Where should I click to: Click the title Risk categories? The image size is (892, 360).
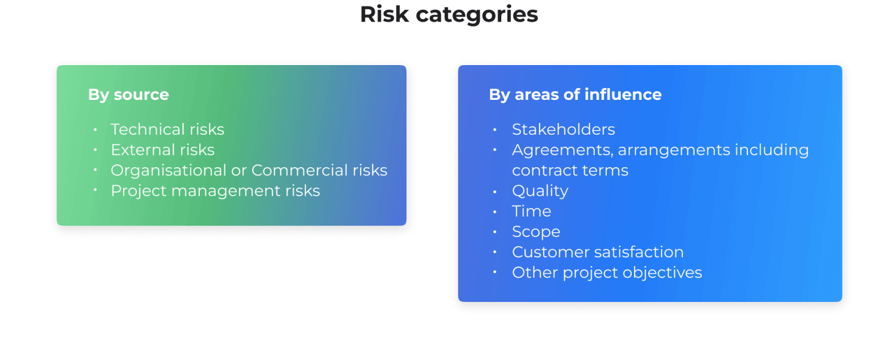click(448, 15)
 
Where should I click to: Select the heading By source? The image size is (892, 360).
click(128, 95)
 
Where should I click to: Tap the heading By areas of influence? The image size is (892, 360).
click(575, 95)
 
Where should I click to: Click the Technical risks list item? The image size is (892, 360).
click(167, 129)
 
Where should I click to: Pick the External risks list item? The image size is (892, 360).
click(163, 150)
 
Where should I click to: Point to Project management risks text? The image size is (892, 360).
click(215, 190)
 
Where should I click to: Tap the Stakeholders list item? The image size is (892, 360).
click(563, 129)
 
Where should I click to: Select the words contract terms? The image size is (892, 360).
click(570, 170)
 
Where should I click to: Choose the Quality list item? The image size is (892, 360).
click(539, 190)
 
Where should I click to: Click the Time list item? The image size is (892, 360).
click(531, 211)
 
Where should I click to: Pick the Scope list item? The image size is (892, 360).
click(535, 231)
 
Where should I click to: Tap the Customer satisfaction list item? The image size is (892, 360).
click(598, 252)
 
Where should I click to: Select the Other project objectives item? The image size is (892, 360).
click(607, 272)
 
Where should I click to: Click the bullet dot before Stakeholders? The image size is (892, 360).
click(495, 128)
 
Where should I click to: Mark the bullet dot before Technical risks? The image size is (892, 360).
click(94, 128)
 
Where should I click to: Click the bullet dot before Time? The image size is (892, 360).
click(495, 210)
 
